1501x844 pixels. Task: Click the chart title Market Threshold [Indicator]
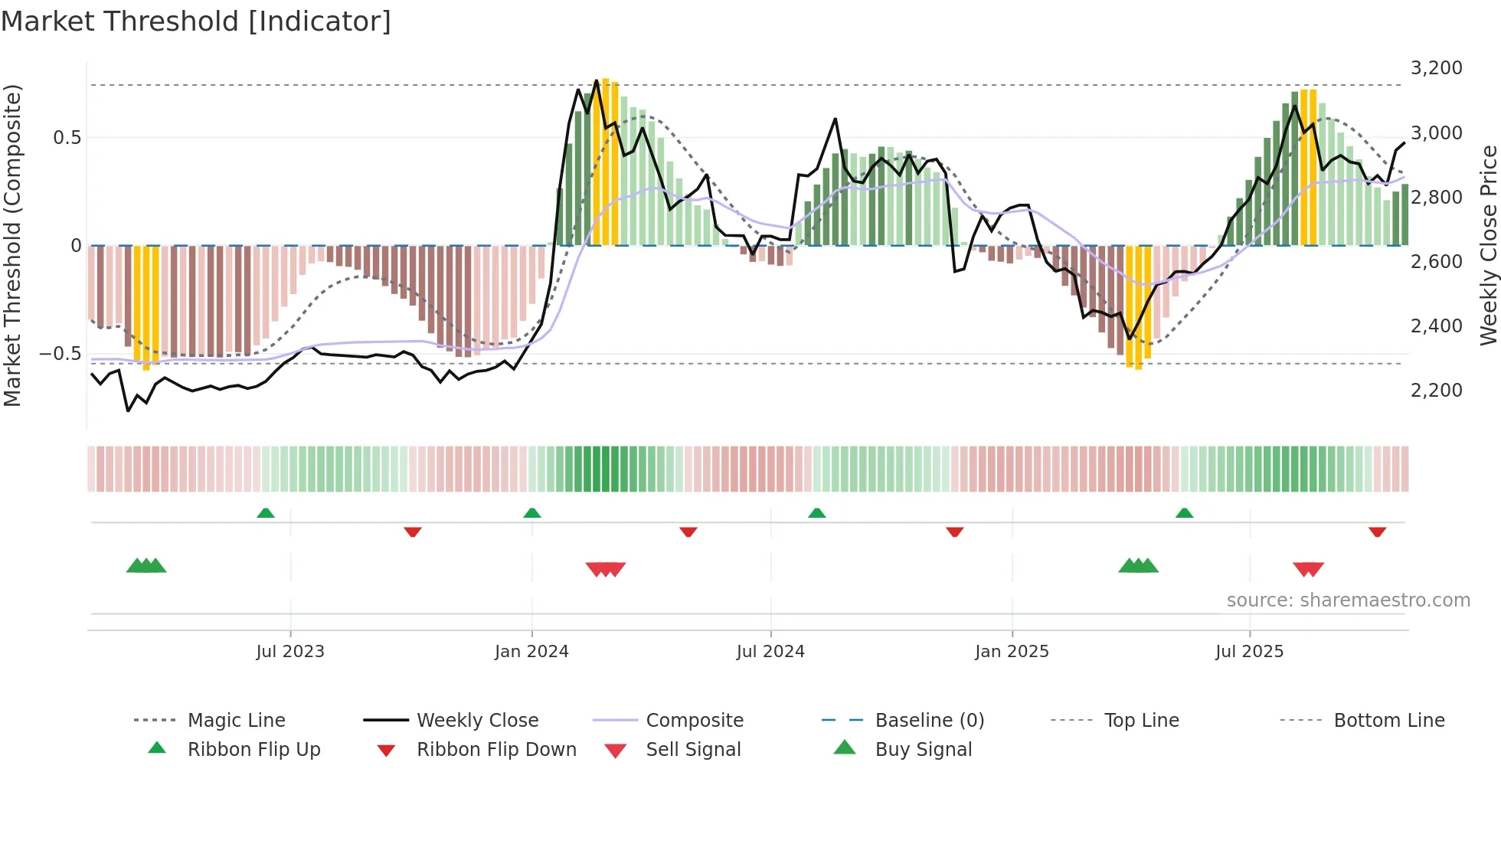[196, 21]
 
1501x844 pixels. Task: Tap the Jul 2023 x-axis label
[290, 652]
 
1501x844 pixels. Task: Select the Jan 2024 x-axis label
[531, 652]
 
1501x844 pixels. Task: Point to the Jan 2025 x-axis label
[1012, 652]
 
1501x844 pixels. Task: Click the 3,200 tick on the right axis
[1436, 68]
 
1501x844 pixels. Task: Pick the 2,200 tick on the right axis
[1436, 391]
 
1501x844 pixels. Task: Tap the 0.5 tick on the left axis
[67, 138]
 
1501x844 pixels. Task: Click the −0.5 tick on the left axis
[60, 354]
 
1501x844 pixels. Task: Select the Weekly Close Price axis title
[1488, 245]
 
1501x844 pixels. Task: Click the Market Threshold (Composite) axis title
[12, 245]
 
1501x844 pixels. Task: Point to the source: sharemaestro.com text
[1348, 600]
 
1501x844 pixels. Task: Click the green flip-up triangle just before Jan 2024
[532, 513]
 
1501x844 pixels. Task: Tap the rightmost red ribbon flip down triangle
[1377, 532]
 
